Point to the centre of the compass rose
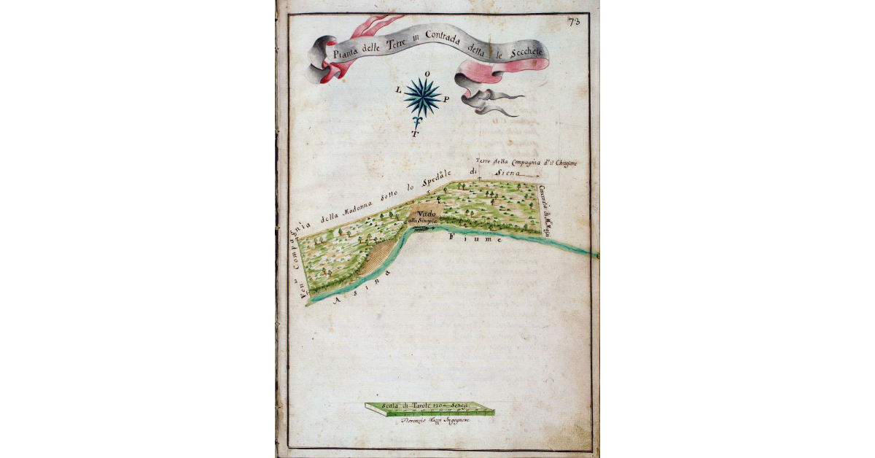[422, 96]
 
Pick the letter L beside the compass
[398, 91]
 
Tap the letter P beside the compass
[446, 98]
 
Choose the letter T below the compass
[415, 134]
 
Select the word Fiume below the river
[475, 238]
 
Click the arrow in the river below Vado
[423, 228]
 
